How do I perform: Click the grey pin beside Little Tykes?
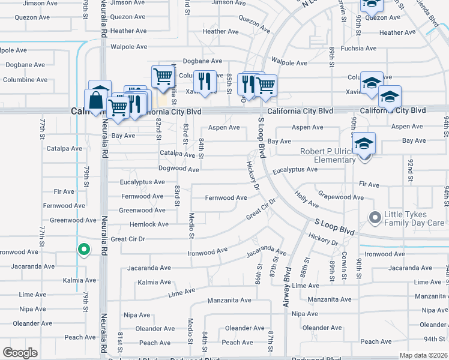click(x=376, y=218)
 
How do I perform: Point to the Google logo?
click(x=20, y=352)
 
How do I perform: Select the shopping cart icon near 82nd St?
click(x=162, y=77)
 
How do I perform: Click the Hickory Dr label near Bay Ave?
click(x=253, y=176)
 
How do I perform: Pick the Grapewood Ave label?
click(x=341, y=197)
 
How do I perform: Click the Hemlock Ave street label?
click(x=149, y=224)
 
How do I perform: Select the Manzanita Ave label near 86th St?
click(x=229, y=300)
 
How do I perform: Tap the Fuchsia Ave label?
click(x=358, y=48)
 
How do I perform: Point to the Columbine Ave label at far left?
click(x=25, y=80)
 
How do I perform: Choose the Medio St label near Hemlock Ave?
click(x=191, y=224)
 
